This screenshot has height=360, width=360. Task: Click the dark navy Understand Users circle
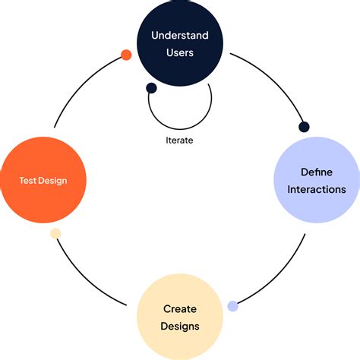(x=180, y=43)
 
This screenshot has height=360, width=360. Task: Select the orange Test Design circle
(x=43, y=180)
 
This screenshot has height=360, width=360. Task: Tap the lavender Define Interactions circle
(x=317, y=180)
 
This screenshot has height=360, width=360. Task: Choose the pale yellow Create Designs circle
(x=180, y=317)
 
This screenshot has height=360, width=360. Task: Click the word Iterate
(x=179, y=140)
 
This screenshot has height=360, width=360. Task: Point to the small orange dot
(x=126, y=55)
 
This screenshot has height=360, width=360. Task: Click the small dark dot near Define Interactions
(x=305, y=127)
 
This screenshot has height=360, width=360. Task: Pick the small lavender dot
(x=233, y=306)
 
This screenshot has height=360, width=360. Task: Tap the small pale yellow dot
(x=55, y=233)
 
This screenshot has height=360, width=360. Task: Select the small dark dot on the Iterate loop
(x=151, y=88)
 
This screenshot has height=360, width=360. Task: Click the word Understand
(x=180, y=35)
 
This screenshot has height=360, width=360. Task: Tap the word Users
(x=180, y=53)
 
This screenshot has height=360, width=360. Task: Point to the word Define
(x=317, y=172)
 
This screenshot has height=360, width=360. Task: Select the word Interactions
(x=317, y=189)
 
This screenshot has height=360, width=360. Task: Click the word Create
(x=180, y=308)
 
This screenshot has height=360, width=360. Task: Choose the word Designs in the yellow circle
(x=180, y=327)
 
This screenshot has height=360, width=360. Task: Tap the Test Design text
(x=43, y=181)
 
